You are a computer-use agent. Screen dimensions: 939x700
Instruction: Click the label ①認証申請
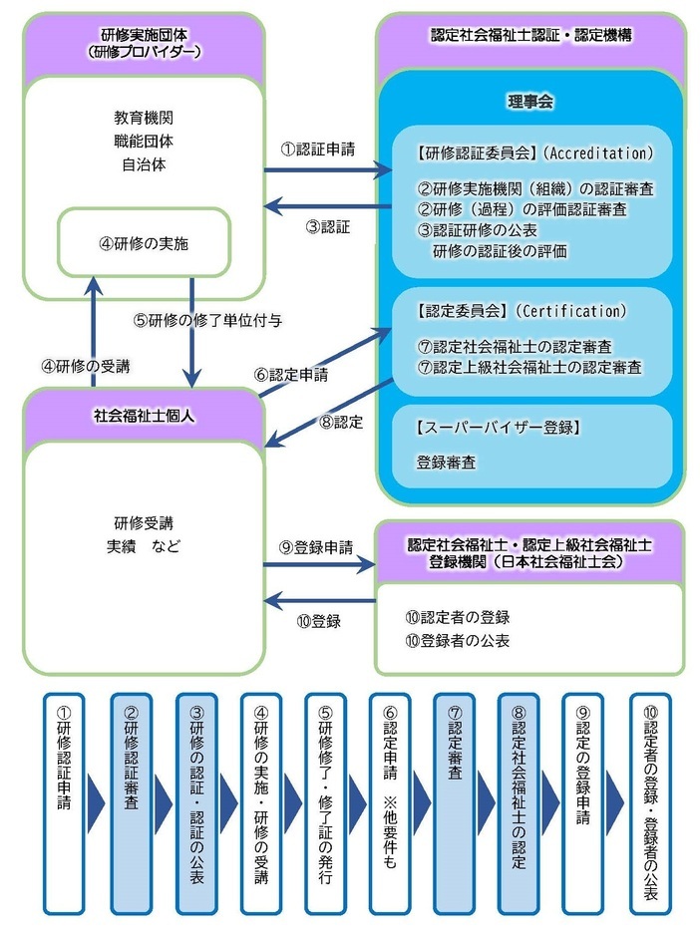[x=318, y=150]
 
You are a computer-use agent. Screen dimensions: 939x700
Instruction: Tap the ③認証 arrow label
[x=329, y=226]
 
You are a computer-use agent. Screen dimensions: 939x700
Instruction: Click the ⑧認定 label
[x=341, y=422]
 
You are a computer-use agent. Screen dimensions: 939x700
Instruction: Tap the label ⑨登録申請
[x=316, y=547]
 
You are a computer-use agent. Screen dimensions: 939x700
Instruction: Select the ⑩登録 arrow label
[x=319, y=621]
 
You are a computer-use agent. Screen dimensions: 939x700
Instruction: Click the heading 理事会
[x=530, y=102]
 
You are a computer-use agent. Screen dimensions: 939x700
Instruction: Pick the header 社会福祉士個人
[x=146, y=416]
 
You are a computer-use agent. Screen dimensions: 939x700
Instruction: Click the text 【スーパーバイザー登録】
[x=497, y=429]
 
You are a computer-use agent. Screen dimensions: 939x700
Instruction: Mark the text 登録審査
[x=446, y=464]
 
